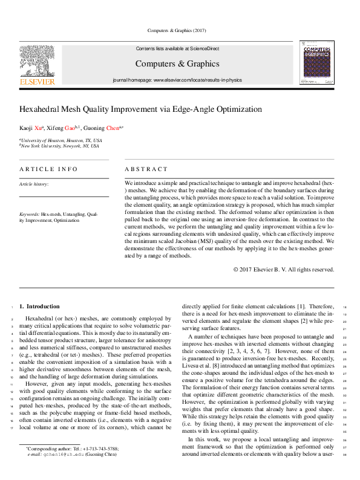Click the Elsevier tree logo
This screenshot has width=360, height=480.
(x=38, y=60)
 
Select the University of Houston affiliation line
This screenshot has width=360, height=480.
(x=61, y=140)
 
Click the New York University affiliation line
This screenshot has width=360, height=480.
(x=61, y=146)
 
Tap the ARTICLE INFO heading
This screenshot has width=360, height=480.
(x=48, y=169)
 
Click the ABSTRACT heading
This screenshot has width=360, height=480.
(x=146, y=169)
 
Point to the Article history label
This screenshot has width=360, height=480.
(x=34, y=184)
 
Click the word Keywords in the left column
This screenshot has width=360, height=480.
(x=30, y=215)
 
